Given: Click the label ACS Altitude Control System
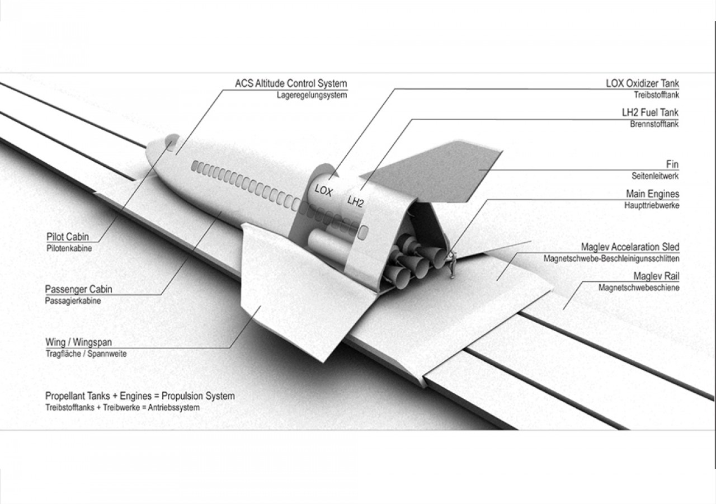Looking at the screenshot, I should click(x=291, y=84).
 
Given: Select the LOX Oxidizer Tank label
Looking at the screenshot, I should click(x=642, y=83).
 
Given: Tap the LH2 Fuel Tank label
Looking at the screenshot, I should click(x=650, y=112).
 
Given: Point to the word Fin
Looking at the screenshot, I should click(x=672, y=164).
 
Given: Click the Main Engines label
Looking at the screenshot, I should click(x=652, y=194).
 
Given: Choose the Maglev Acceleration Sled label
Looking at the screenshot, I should click(x=630, y=247).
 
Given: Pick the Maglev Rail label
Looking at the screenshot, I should click(x=656, y=276).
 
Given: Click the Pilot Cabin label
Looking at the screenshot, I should click(x=68, y=237).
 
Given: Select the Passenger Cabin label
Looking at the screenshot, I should click(x=78, y=289).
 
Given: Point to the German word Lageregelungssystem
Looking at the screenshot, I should click(x=312, y=95).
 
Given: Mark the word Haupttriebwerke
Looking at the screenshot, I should click(x=652, y=205).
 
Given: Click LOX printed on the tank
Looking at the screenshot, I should click(x=323, y=190).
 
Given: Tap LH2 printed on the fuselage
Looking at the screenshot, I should click(x=355, y=201).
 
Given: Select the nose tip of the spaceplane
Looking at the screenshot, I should click(x=149, y=151).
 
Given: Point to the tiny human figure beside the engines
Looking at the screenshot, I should click(x=453, y=265).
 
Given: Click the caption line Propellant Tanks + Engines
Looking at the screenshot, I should click(x=140, y=396).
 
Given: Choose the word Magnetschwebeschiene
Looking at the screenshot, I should click(x=639, y=288).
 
